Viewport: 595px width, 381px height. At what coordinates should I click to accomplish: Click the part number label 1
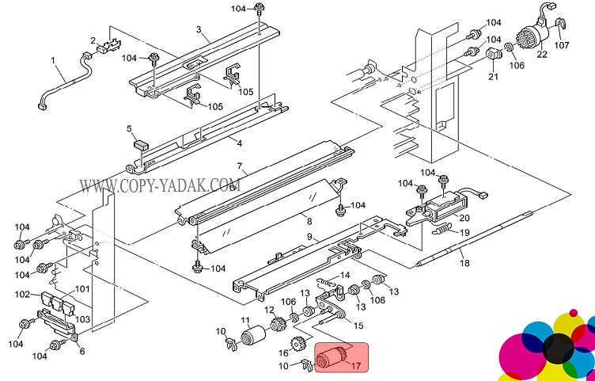(x=53, y=60)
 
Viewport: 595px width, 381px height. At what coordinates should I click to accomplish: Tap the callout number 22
(x=542, y=55)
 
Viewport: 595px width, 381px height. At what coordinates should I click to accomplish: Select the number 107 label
(x=561, y=45)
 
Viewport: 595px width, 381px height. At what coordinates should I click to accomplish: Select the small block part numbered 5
(x=141, y=145)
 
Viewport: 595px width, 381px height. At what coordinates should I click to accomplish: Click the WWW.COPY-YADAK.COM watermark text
(x=158, y=188)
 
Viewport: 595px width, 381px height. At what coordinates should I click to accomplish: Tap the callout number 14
(x=344, y=275)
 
